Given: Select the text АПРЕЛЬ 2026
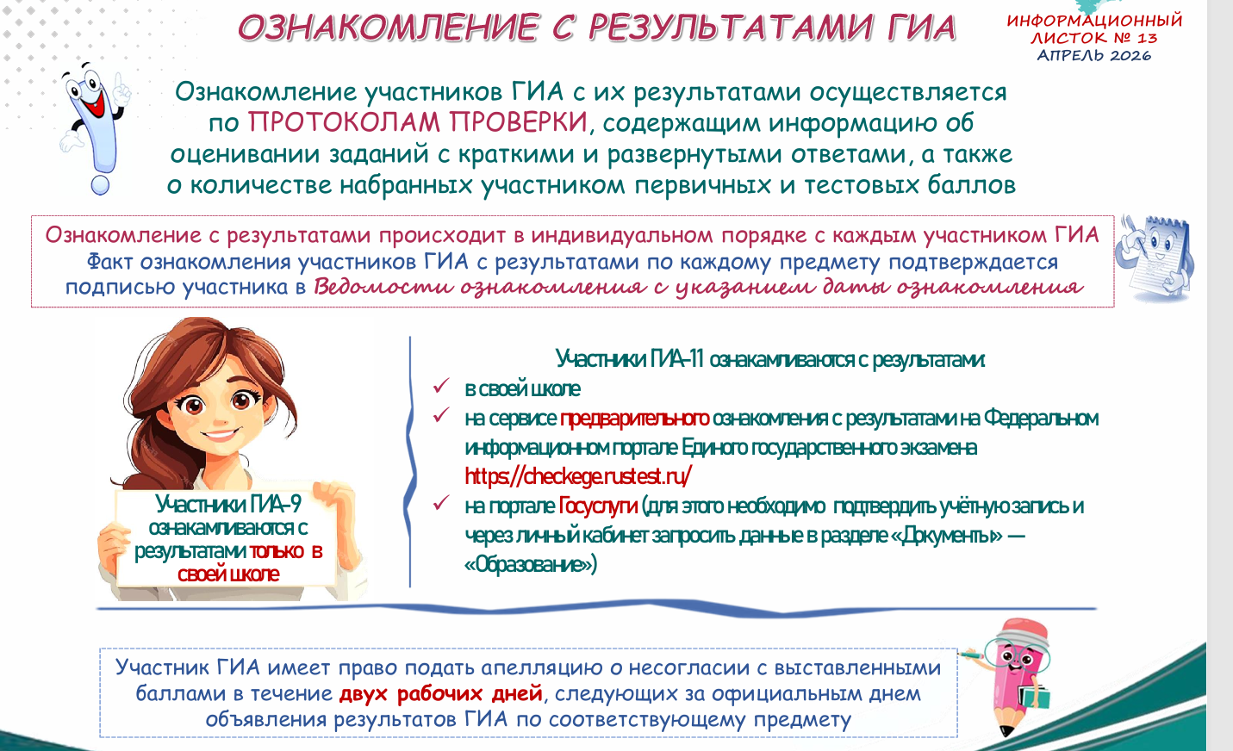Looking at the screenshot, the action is [x=1093, y=55].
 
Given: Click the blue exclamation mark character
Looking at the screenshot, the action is [x=94, y=128].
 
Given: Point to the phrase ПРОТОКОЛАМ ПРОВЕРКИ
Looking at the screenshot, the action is [x=419, y=121].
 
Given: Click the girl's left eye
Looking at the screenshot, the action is [x=194, y=406].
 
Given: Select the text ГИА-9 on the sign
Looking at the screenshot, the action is [x=274, y=504].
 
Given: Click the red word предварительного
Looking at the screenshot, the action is [x=634, y=419].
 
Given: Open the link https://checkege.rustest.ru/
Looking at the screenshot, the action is [x=577, y=476].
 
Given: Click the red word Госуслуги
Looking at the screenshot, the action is [x=597, y=506].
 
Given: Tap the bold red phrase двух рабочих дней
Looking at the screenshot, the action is [x=441, y=694].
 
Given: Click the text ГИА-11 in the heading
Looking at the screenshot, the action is [x=676, y=359].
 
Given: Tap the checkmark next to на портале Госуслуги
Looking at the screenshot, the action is [x=441, y=502].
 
